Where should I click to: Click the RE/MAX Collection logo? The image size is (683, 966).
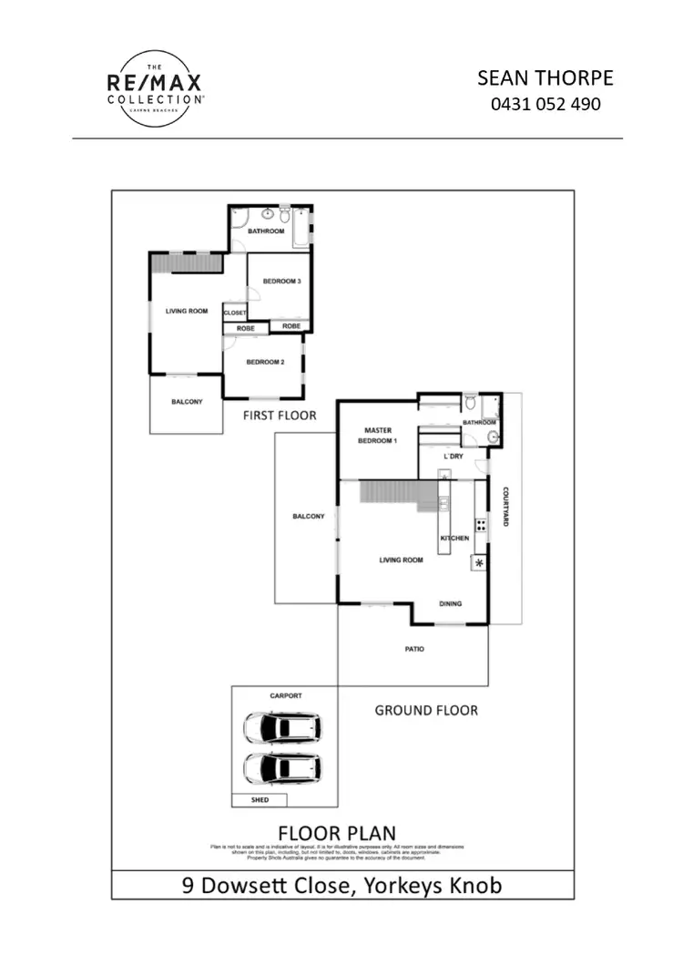(154, 88)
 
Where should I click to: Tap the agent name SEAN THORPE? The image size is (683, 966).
(545, 78)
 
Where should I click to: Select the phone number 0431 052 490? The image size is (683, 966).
(545, 104)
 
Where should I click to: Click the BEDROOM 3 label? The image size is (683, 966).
(281, 282)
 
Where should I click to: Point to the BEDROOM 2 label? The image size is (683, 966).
(266, 362)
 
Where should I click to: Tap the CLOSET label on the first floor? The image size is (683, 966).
(234, 313)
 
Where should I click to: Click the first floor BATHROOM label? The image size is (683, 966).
(267, 231)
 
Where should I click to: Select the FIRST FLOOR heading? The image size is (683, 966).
(280, 416)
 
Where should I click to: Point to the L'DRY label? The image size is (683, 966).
(453, 456)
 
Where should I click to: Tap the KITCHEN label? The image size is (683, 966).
(454, 539)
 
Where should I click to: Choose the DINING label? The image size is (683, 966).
(451, 603)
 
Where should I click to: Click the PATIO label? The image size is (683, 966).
(415, 650)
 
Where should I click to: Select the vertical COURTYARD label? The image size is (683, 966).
(506, 508)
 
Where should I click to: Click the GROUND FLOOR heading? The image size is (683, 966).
(426, 710)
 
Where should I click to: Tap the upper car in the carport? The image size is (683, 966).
(281, 729)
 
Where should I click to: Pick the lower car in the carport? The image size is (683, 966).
(281, 768)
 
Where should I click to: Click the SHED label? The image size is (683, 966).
(259, 801)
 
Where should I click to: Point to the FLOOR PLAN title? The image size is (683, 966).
(337, 833)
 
